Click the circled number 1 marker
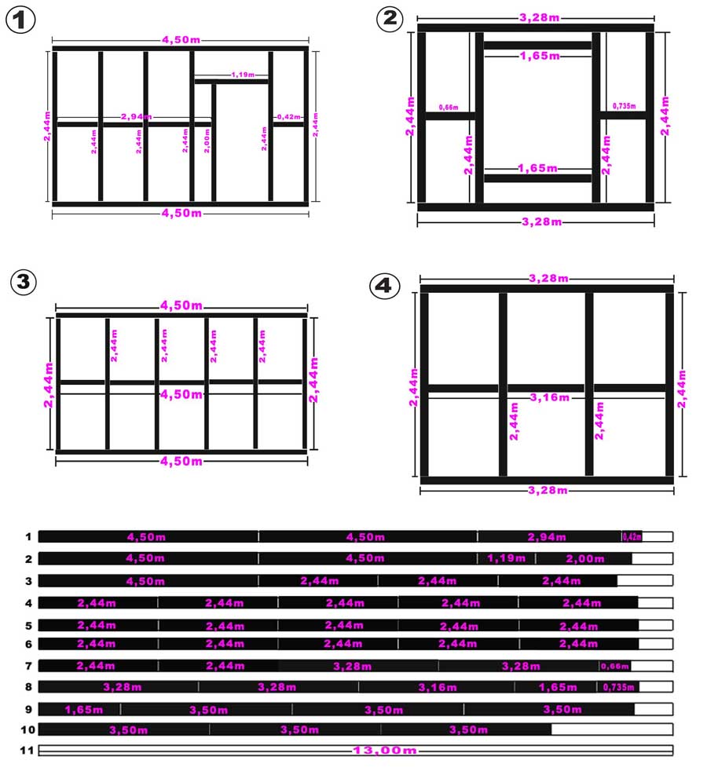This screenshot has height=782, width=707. (x=20, y=20)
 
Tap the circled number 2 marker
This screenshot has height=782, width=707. (x=390, y=19)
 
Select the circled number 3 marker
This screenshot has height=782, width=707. (x=24, y=282)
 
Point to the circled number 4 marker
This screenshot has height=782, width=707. (x=384, y=286)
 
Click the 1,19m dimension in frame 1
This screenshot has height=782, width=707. (x=243, y=75)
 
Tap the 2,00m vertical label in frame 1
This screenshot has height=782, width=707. (x=207, y=141)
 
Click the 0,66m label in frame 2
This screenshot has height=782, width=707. (x=449, y=108)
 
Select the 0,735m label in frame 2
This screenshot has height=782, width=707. (x=625, y=106)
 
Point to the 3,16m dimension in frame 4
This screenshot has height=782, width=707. (x=549, y=397)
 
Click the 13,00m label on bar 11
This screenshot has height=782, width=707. (x=385, y=750)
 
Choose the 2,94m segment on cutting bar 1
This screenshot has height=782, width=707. (x=549, y=536)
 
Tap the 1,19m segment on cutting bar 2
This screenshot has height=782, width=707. (x=506, y=558)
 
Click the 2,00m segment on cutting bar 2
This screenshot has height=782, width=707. (x=584, y=558)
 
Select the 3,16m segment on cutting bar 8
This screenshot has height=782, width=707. (x=437, y=687)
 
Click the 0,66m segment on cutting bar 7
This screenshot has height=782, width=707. (x=614, y=666)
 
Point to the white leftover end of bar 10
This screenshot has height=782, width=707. (x=612, y=729)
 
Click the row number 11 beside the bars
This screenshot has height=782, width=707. (x=27, y=750)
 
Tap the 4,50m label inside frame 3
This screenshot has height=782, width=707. (x=181, y=394)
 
